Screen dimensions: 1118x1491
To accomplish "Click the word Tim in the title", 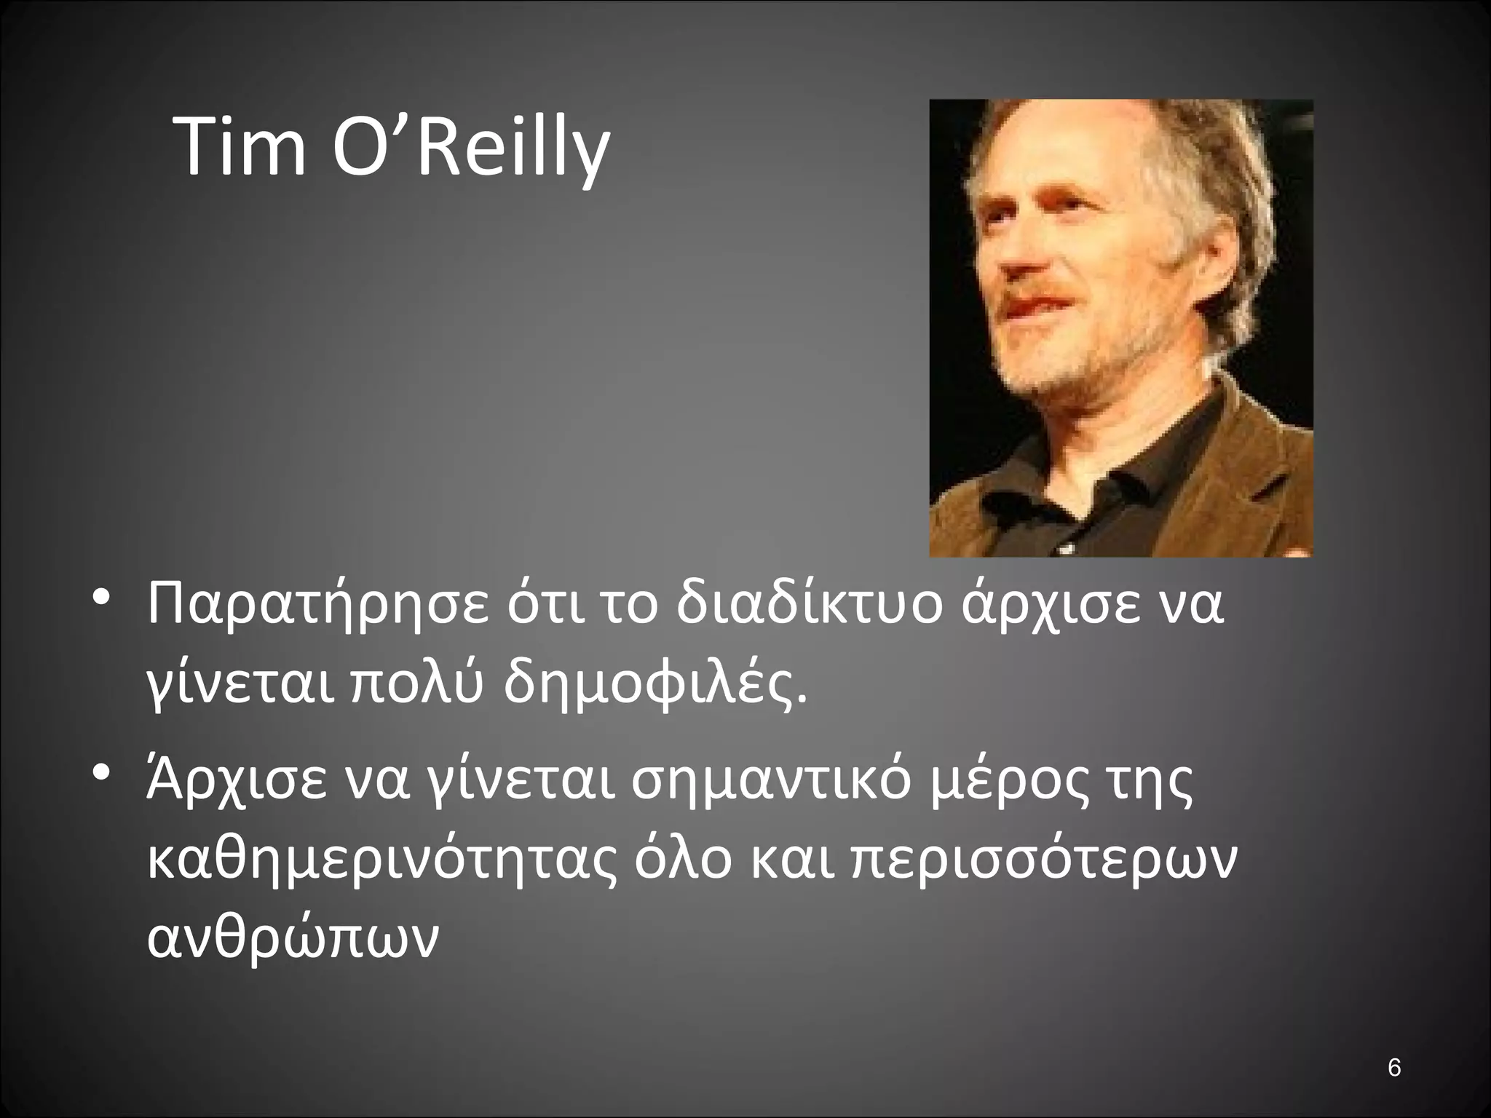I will pyautogui.click(x=240, y=147).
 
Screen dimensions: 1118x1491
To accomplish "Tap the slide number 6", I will pyautogui.click(x=1394, y=1069).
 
